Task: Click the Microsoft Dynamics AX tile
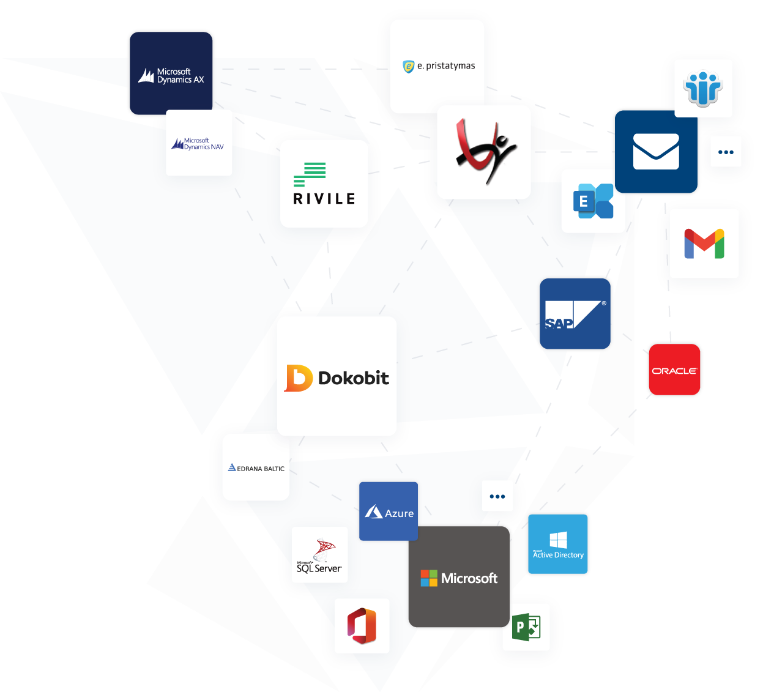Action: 171,73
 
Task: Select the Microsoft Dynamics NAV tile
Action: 199,143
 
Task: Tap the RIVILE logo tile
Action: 324,184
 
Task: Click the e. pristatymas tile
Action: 437,66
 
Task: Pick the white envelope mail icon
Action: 656,152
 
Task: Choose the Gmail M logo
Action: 704,244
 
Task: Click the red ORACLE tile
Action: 674,370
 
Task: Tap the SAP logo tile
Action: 575,314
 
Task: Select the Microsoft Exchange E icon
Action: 593,201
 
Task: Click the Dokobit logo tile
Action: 337,376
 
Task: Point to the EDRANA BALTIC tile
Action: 256,467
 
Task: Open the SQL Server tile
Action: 319,555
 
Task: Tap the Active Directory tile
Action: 557,544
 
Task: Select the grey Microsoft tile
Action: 459,577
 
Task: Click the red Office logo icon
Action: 362,626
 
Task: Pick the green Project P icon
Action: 526,627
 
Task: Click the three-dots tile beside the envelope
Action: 726,152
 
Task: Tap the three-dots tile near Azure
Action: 497,496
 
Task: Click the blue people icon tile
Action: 703,88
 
